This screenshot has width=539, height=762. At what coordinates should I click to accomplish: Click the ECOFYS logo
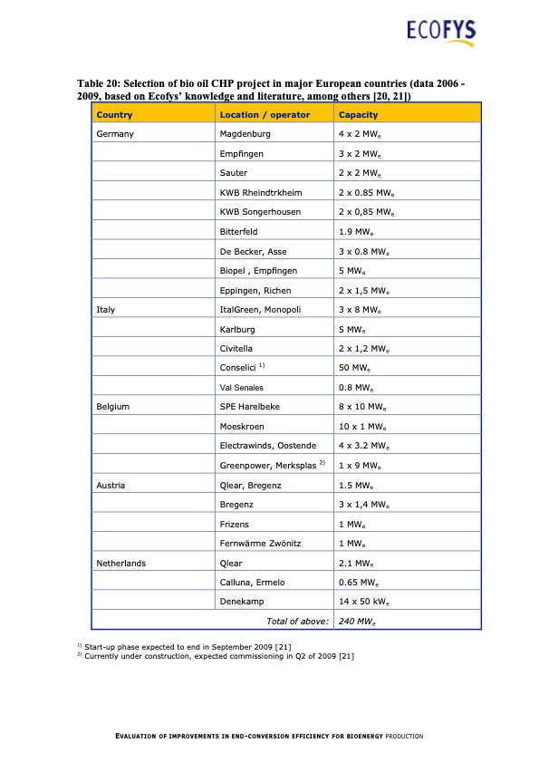point(441,33)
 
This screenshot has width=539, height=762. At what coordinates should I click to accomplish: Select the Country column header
point(114,115)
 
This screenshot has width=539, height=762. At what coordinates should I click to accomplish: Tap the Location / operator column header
point(265,115)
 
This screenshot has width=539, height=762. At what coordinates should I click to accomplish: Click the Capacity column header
point(359,115)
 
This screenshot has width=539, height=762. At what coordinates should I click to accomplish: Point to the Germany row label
point(115,134)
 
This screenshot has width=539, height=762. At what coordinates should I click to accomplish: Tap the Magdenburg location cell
point(245,134)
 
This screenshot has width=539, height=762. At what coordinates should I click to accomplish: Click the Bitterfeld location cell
point(239,232)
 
